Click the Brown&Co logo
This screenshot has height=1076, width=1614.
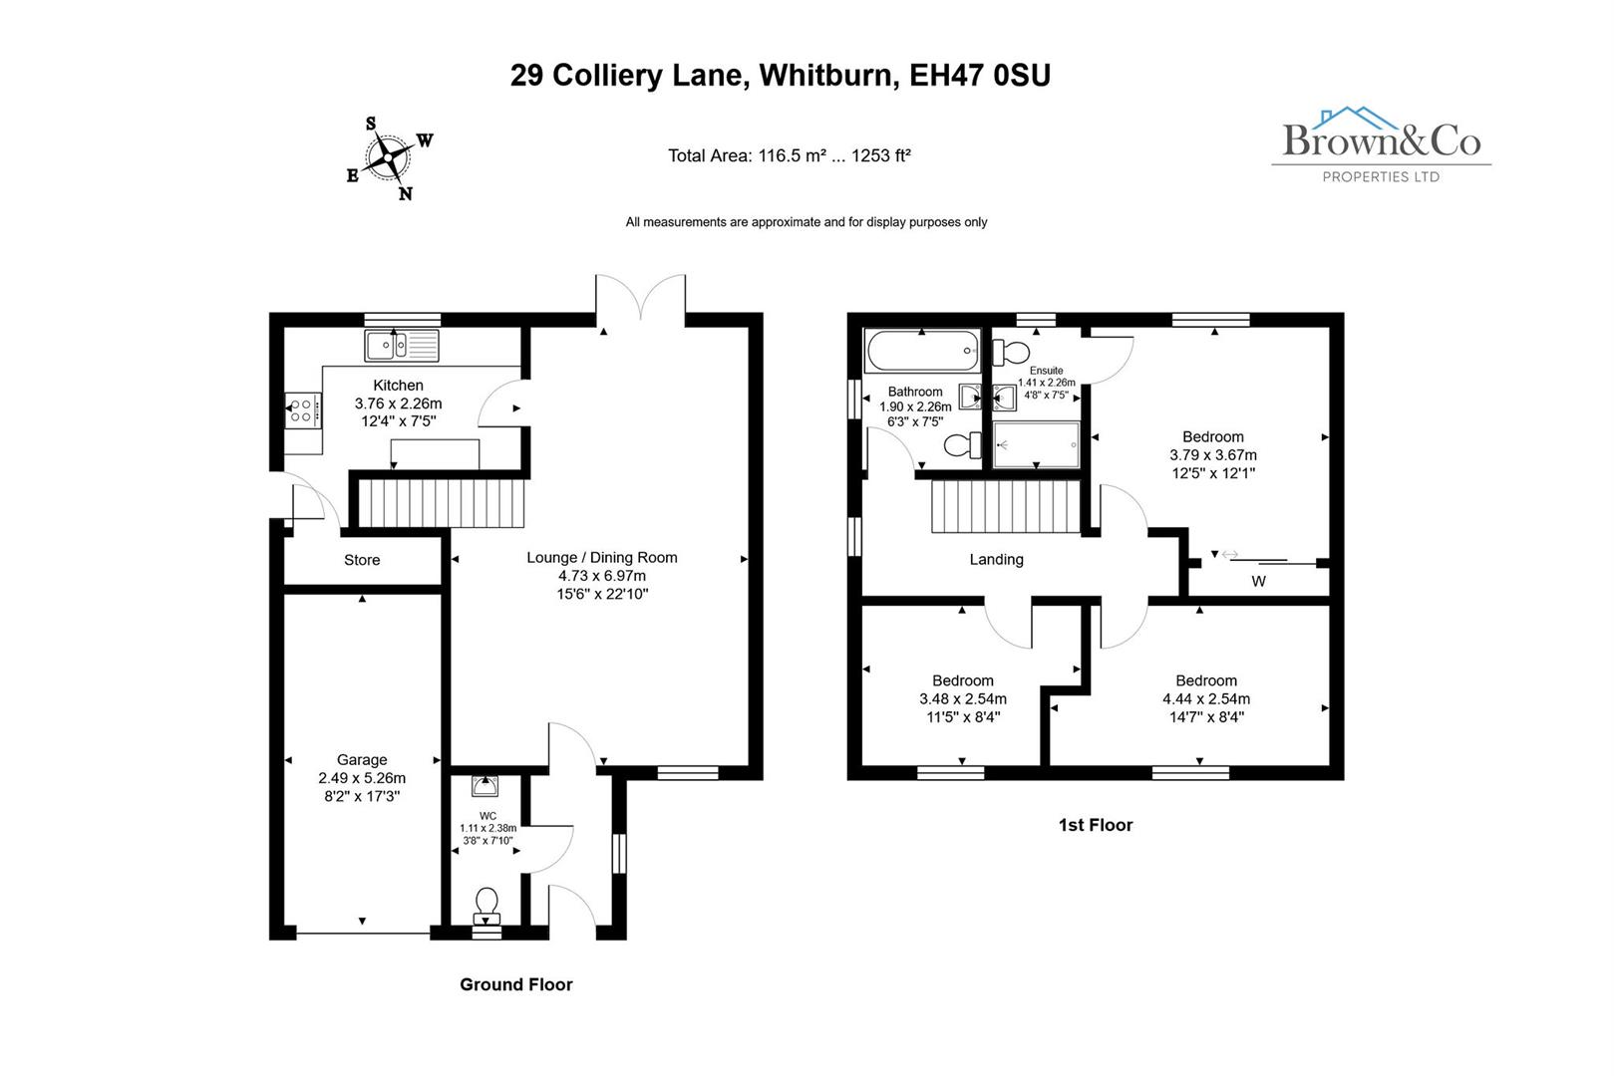[1381, 145]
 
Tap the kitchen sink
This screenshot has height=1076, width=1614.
[402, 346]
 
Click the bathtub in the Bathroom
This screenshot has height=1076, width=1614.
[922, 352]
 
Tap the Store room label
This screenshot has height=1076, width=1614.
[362, 560]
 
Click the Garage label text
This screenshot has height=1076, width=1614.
[362, 759]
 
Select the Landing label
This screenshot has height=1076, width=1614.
[996, 559]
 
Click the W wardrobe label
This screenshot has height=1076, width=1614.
[1258, 581]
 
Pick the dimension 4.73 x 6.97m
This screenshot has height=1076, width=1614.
[601, 576]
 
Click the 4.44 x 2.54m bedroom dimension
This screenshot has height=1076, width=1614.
[1206, 698]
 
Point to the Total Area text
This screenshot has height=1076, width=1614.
[789, 155]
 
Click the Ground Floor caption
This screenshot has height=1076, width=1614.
[515, 984]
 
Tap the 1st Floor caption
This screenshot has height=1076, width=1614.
[1095, 825]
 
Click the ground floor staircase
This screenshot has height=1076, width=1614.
[441, 503]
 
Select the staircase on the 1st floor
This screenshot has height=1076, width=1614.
[1005, 508]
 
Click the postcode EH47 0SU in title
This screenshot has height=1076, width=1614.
[980, 76]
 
